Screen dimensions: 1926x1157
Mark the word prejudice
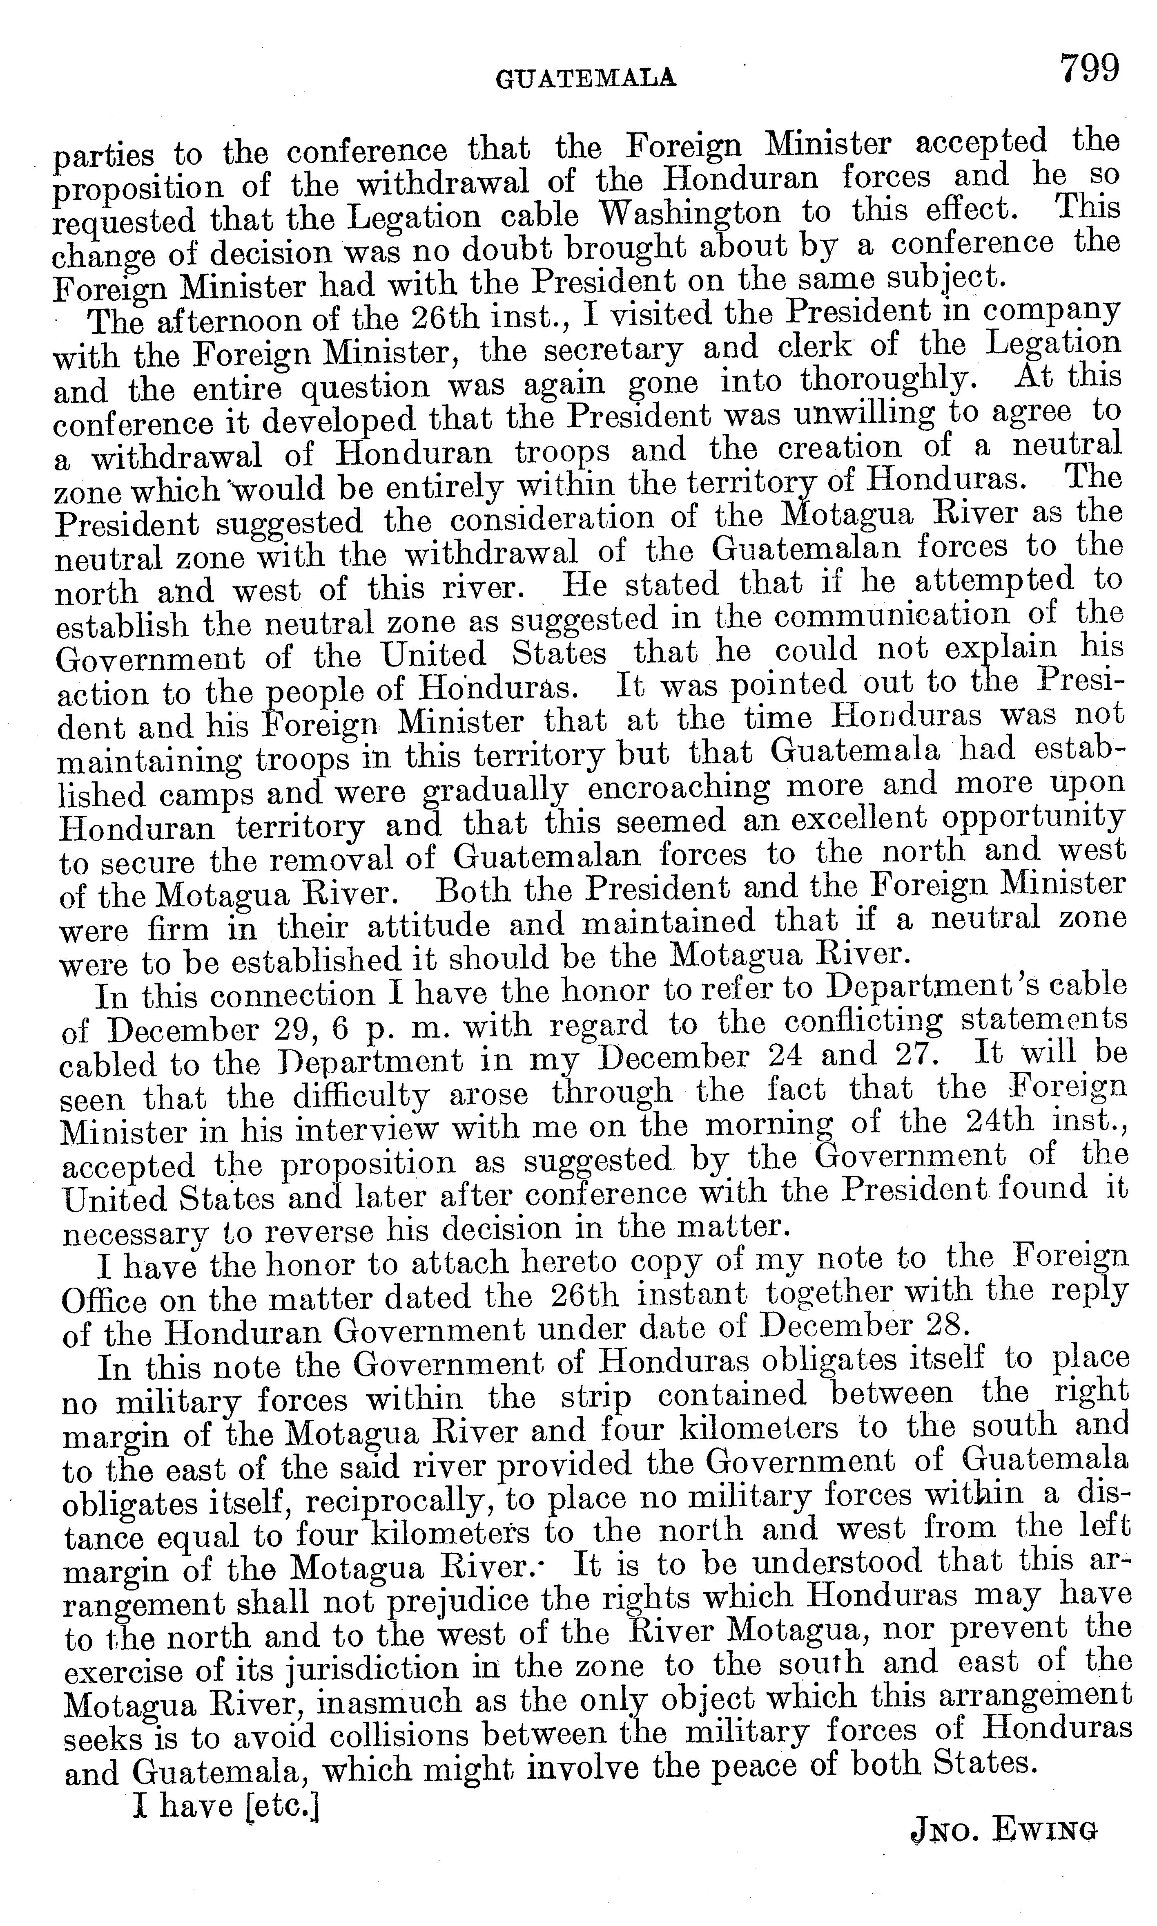pyautogui.click(x=457, y=1601)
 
